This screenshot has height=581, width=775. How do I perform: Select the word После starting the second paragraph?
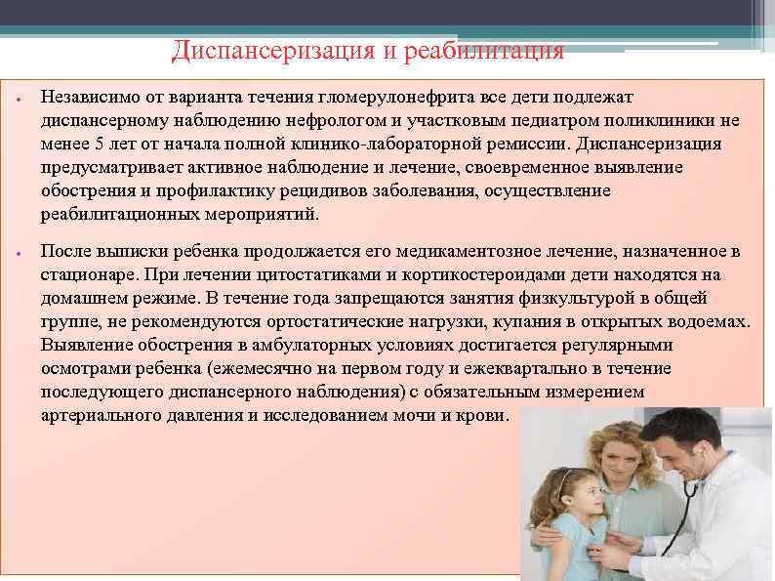click(65, 252)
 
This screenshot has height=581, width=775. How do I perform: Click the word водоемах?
click(706, 322)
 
